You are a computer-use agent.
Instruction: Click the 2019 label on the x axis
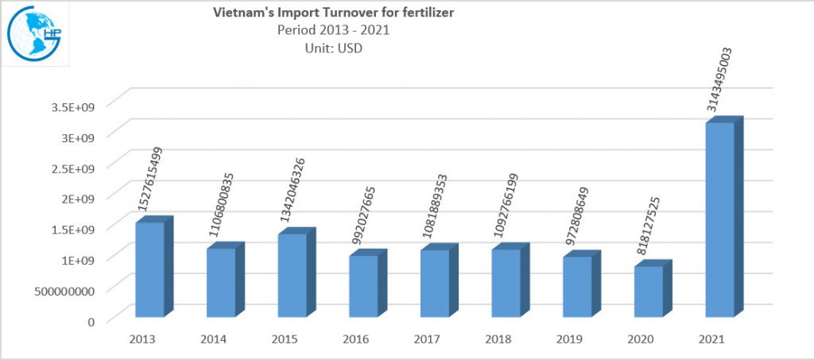[569, 339]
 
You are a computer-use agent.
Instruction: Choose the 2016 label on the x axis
[356, 339]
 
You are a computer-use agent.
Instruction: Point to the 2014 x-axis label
[214, 339]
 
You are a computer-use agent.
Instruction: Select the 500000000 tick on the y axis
[70, 290]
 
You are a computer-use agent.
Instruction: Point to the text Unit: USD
[335, 48]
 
